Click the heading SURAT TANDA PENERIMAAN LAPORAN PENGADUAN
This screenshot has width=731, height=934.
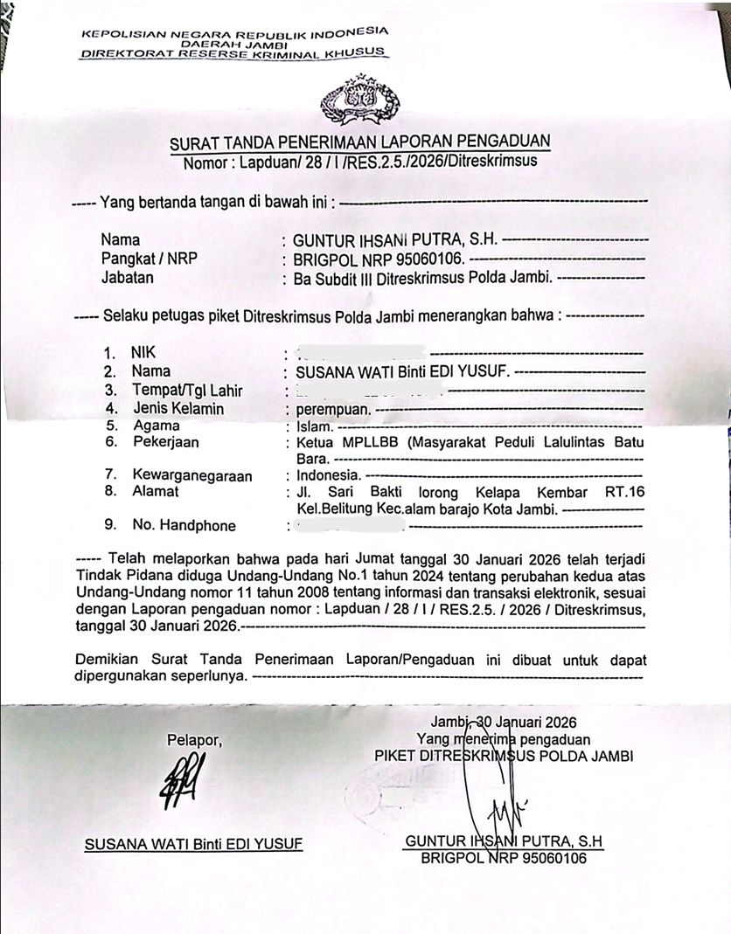click(360, 143)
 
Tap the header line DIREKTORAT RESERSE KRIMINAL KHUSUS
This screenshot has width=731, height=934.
click(233, 53)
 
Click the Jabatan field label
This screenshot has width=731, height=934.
click(128, 278)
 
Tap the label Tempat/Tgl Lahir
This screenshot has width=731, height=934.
click(188, 391)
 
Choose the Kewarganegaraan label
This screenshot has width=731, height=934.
click(192, 475)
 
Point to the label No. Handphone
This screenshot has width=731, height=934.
click(184, 525)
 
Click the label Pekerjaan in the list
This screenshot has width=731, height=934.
click(166, 442)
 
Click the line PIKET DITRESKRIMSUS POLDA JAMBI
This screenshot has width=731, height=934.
click(503, 755)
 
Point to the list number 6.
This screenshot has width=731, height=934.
click(111, 442)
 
